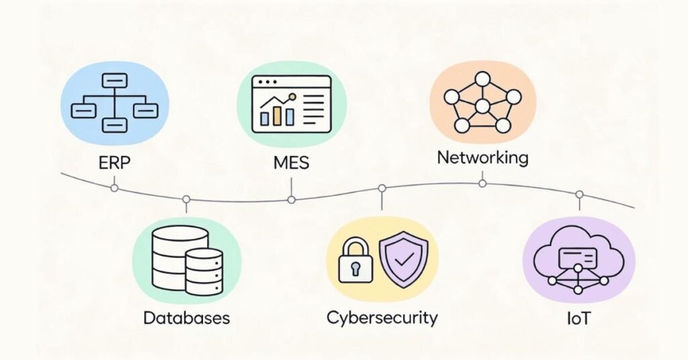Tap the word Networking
point(482,159)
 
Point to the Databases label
point(186,317)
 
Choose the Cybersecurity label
point(382,317)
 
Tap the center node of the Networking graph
point(482,106)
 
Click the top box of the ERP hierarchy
point(114,81)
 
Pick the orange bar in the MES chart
point(276,114)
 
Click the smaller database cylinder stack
point(204,271)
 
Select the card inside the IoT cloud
point(578,255)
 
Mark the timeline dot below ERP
point(114,188)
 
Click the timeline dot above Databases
point(186,199)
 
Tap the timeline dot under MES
point(291,199)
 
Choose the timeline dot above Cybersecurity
point(382,188)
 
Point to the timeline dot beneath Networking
point(482,183)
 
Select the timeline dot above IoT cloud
point(578,194)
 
